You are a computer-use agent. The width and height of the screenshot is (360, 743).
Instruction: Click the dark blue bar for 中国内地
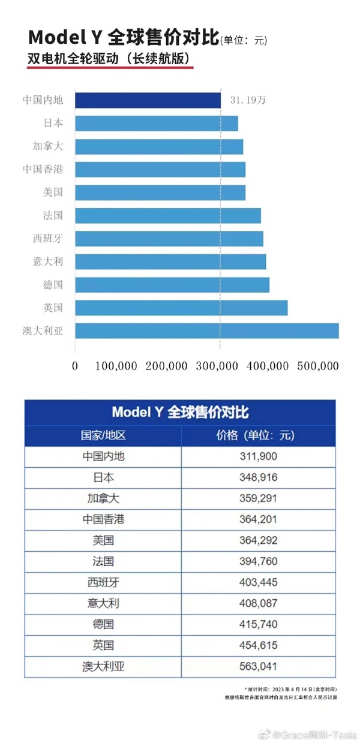pos(148,100)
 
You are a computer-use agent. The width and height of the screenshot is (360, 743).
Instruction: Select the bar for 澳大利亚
pos(206,330)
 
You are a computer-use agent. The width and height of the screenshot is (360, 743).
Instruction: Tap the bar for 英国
pos(181,308)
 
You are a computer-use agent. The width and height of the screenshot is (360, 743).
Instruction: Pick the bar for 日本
pos(156,124)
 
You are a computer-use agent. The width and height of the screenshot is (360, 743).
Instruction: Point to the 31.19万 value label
pos(248,100)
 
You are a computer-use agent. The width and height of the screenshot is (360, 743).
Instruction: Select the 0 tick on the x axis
pos(75,365)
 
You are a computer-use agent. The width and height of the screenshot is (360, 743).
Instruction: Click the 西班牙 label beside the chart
pos(47,239)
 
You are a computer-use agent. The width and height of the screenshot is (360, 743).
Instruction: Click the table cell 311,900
pos(257,457)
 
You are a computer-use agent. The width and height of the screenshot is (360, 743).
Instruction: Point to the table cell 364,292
pos(257,541)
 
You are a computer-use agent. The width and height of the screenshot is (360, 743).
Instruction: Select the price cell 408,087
pos(257,604)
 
